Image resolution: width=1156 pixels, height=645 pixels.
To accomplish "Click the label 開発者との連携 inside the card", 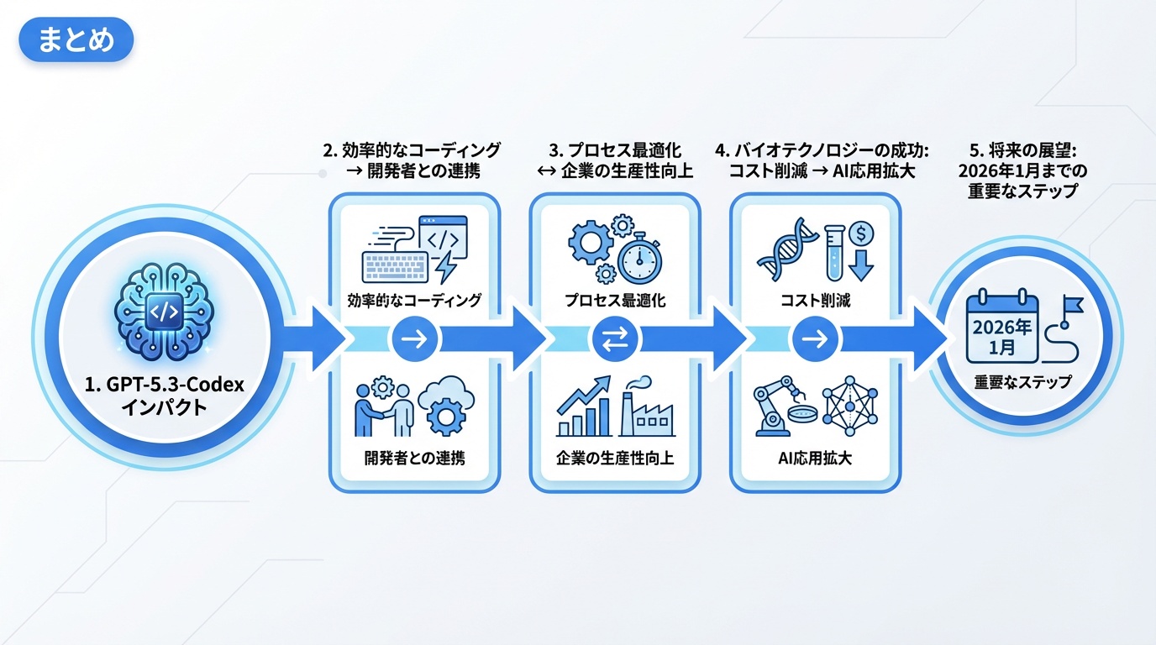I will coord(414,459).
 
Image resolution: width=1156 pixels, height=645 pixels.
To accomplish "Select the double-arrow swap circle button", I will coord(615,339).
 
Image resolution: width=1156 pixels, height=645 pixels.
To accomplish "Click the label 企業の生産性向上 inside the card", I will coord(615,459).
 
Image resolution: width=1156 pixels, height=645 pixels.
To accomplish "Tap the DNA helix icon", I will coord(785,250).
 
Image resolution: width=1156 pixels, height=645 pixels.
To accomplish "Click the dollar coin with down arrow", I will coord(861,248).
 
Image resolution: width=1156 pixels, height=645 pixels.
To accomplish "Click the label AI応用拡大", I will coord(815,459).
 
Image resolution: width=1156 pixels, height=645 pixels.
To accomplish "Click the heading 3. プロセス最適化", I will coord(615,151).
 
